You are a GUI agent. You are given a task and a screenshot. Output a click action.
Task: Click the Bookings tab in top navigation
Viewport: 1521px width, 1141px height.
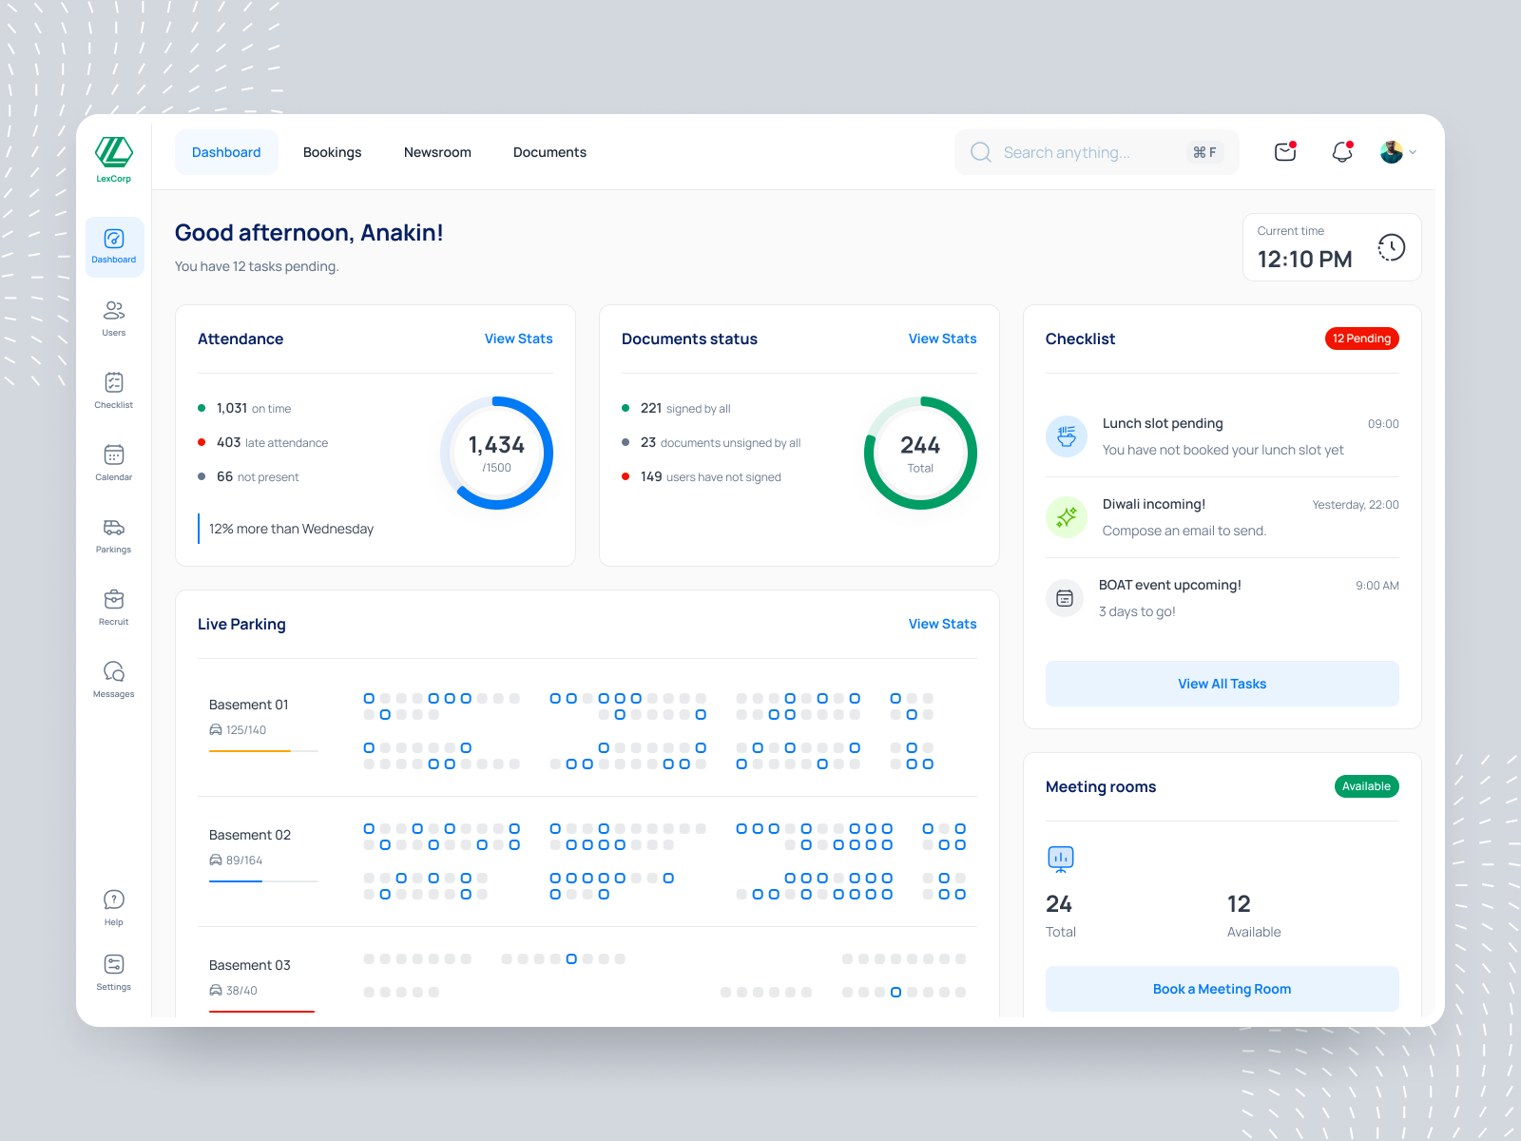332,152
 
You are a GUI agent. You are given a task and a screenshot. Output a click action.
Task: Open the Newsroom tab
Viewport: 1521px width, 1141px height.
437,152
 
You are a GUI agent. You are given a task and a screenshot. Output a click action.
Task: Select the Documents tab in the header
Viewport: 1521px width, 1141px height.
549,152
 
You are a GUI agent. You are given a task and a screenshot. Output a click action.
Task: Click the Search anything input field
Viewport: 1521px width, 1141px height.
1084,152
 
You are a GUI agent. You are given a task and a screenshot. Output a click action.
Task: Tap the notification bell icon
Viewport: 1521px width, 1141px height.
1341,152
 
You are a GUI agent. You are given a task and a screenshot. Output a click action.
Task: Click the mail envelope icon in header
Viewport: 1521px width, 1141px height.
1285,152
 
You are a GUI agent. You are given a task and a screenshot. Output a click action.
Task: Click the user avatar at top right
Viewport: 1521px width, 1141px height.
1392,152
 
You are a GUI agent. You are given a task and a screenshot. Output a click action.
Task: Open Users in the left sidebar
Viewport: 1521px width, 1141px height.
114,319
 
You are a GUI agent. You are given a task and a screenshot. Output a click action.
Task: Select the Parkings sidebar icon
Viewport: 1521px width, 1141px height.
114,535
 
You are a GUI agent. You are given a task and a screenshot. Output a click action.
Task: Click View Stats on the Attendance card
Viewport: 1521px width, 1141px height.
518,338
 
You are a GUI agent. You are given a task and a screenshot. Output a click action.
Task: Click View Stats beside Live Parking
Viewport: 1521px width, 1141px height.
942,624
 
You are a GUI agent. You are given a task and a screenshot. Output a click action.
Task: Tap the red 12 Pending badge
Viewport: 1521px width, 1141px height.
1361,338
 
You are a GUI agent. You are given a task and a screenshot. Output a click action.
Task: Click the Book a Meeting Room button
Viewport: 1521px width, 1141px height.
1222,989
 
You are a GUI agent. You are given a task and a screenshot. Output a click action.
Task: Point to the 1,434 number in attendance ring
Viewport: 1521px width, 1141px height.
496,445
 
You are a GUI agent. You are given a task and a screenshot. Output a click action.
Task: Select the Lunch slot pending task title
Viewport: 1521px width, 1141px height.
1163,423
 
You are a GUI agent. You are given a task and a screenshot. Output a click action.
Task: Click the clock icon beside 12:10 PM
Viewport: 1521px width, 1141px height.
1391,247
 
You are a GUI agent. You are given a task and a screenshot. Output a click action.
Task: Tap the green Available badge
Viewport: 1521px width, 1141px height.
1366,786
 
